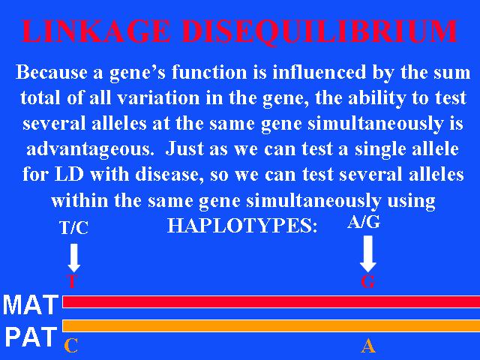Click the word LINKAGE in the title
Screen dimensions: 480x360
(96, 31)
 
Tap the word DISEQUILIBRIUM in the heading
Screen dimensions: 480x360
(320, 32)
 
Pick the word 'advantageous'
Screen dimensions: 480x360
(90, 150)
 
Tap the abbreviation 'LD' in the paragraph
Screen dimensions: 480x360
(69, 175)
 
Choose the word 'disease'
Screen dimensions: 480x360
(169, 175)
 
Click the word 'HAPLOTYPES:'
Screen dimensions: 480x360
(242, 226)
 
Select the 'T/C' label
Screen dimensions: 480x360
(74, 228)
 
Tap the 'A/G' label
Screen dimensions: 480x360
(364, 222)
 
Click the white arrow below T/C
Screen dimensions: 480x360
(73, 257)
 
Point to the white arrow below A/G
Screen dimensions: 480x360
(368, 253)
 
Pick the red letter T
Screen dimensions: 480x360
(72, 281)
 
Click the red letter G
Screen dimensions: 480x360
(368, 282)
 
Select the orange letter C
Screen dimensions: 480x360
(71, 346)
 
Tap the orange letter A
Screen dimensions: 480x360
(368, 346)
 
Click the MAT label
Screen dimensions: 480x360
(31, 304)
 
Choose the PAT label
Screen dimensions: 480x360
(31, 337)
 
